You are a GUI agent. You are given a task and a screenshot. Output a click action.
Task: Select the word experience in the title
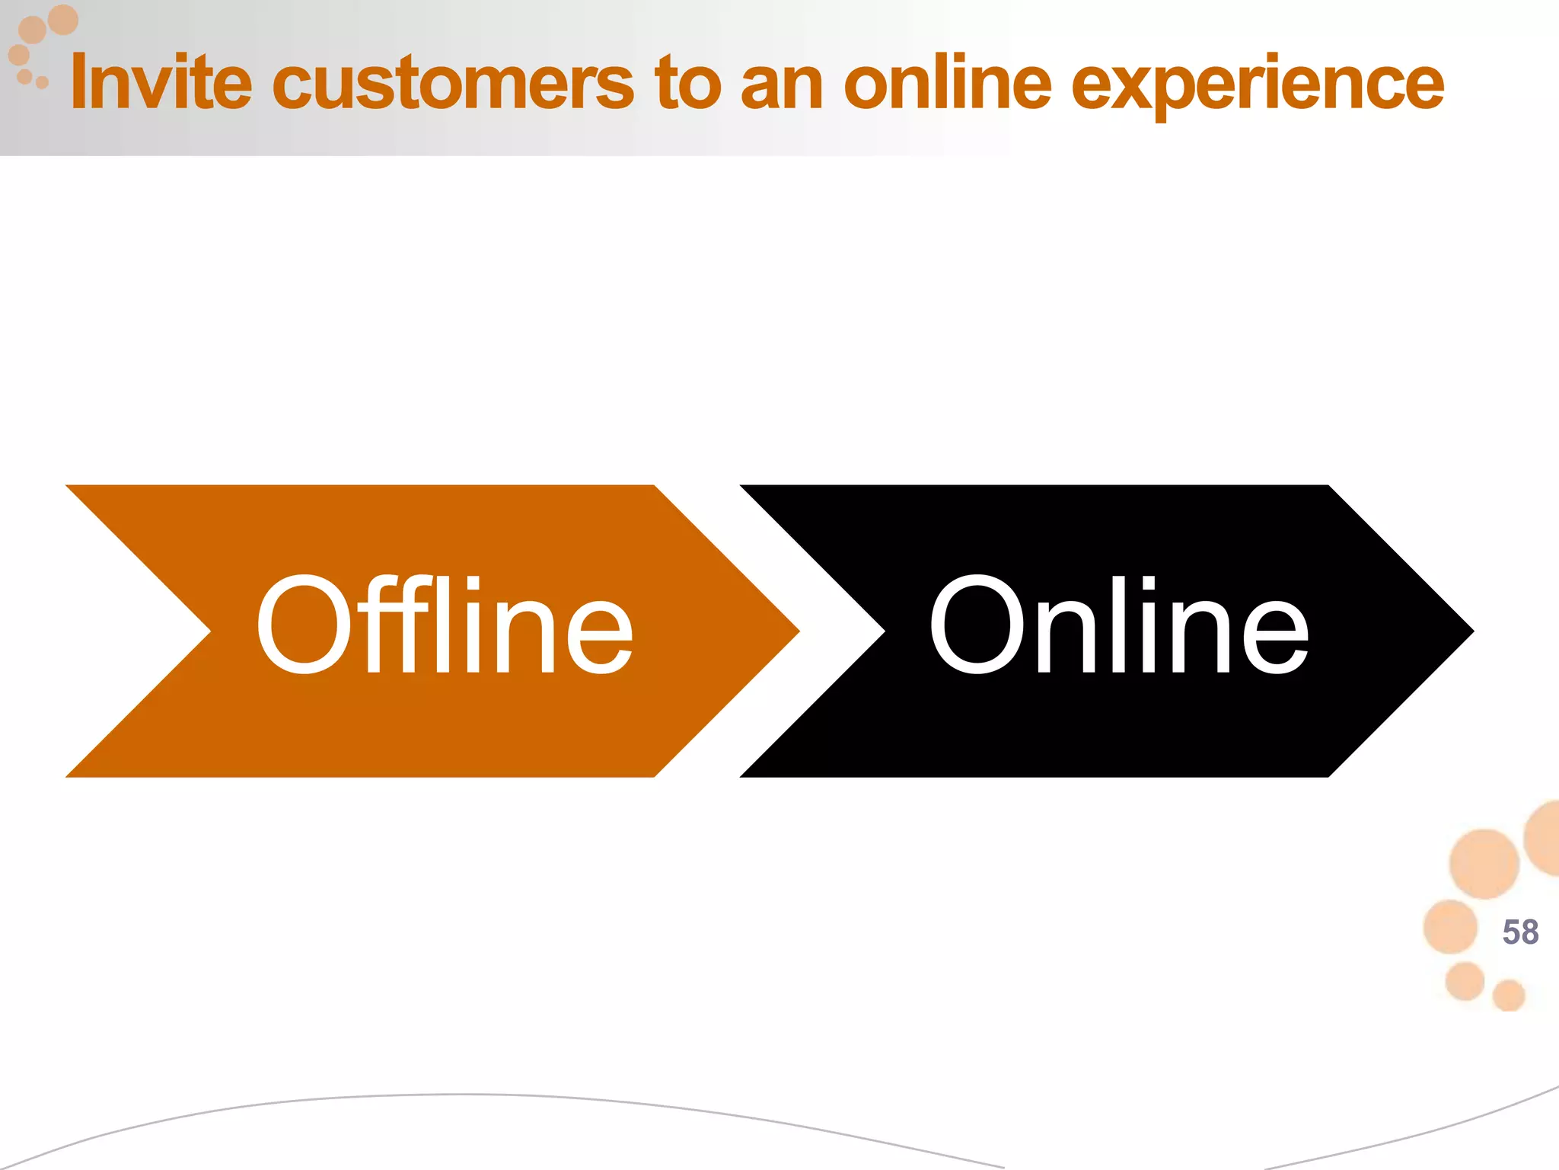(x=1257, y=85)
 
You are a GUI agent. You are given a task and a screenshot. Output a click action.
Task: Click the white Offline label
(x=445, y=625)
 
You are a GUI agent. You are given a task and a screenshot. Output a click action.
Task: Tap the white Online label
(x=1118, y=625)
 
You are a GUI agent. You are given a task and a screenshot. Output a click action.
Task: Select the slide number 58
(x=1520, y=932)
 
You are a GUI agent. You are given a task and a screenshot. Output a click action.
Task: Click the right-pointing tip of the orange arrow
(x=795, y=631)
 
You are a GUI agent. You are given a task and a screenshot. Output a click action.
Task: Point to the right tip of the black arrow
(x=1468, y=631)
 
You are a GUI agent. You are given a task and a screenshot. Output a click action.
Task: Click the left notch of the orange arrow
(x=207, y=631)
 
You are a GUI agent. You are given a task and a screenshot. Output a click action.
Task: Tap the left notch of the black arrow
(x=882, y=631)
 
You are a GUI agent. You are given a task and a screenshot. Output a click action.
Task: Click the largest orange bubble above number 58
(x=1484, y=863)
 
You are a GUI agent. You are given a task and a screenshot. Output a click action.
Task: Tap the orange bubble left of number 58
(x=1450, y=926)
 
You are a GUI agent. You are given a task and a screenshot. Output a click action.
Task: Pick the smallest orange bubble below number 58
(x=1509, y=995)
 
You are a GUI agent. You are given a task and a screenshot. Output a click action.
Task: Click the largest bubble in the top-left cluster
(x=63, y=20)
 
